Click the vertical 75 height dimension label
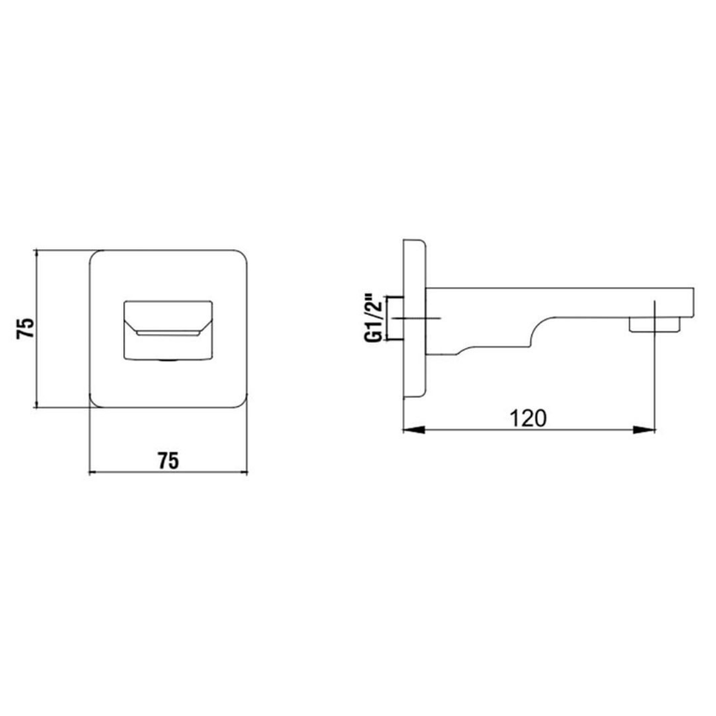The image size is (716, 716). [x=25, y=328]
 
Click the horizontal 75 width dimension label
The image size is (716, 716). [x=168, y=461]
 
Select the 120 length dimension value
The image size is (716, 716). [x=527, y=418]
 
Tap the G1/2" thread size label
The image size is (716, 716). [x=373, y=317]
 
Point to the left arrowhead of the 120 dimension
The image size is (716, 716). [x=414, y=429]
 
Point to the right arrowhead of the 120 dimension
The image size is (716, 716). [x=644, y=429]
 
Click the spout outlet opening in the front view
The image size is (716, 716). [x=168, y=330]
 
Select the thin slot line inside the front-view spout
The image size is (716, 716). [x=168, y=335]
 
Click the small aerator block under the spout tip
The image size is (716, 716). [x=654, y=324]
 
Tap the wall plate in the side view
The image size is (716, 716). [x=414, y=318]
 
